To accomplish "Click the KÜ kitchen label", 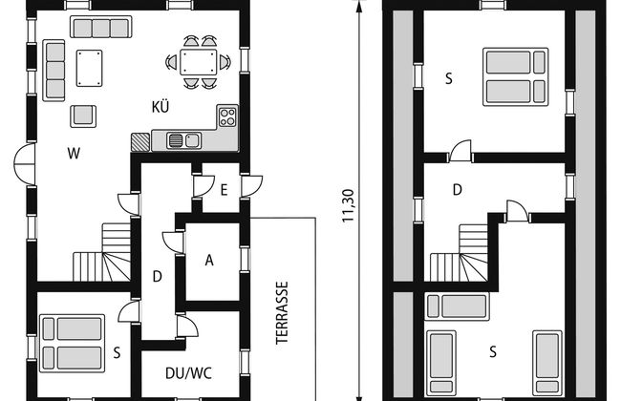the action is click(x=161, y=107).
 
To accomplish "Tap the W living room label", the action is click(x=75, y=153).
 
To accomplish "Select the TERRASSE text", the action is click(x=282, y=313).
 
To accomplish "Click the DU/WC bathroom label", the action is click(x=188, y=373).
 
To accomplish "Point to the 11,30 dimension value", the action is click(x=348, y=206).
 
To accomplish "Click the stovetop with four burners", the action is click(x=227, y=116).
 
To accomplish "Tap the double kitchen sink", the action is click(x=183, y=140).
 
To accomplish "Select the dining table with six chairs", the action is click(x=198, y=62).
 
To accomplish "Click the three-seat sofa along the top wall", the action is click(x=101, y=27).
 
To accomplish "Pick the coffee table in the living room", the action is click(x=90, y=68).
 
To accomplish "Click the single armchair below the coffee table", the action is click(x=83, y=116).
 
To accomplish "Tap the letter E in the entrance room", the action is click(x=224, y=190).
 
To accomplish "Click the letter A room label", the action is click(x=209, y=260).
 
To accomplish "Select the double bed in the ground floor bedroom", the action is click(x=72, y=343).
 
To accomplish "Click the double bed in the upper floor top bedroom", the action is click(x=516, y=76).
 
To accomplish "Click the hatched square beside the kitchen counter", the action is click(x=140, y=142).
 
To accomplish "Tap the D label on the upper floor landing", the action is click(x=458, y=190).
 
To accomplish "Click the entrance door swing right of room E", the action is click(x=252, y=186).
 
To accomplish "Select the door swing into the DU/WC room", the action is click(x=187, y=326).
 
